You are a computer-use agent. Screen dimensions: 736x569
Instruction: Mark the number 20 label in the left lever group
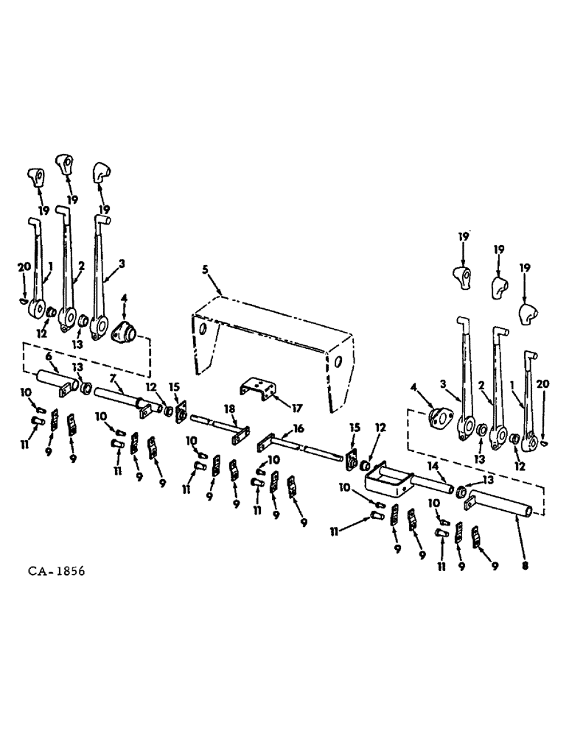click(21, 267)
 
